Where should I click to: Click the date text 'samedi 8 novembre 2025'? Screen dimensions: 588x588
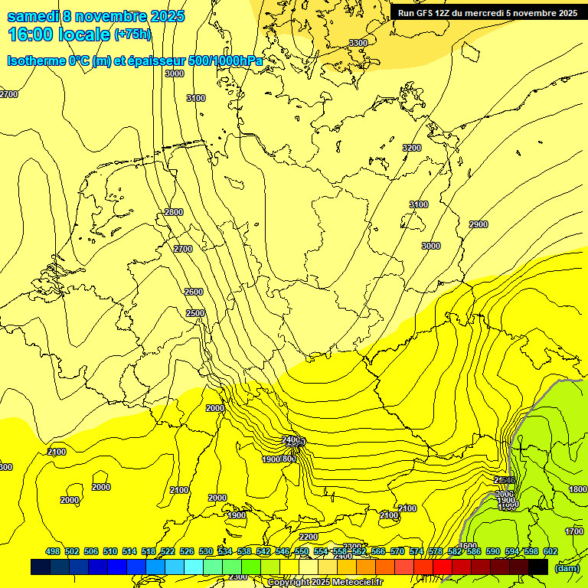point(96,16)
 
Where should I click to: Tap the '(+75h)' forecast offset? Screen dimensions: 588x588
point(132,34)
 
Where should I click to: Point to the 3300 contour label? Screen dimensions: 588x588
point(358,43)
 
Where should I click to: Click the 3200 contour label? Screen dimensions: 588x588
point(412,148)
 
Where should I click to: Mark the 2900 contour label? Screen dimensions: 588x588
point(479,224)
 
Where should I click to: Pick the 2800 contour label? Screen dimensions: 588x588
point(174,212)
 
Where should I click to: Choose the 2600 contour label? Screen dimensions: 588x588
point(194,292)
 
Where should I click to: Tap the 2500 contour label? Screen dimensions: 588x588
point(195,313)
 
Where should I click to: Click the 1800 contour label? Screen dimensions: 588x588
point(577,489)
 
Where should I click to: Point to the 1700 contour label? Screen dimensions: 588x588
point(573,531)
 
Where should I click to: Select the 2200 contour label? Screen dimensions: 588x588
point(308,537)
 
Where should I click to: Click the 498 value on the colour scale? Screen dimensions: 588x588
point(53,552)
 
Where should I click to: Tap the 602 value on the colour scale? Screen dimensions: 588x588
point(550,552)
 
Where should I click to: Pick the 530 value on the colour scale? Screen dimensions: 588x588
point(206,552)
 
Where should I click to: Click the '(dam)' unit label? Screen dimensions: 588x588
point(567,568)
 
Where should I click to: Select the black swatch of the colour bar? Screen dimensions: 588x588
point(537,567)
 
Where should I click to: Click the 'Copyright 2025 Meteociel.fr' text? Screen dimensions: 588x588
point(325,582)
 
